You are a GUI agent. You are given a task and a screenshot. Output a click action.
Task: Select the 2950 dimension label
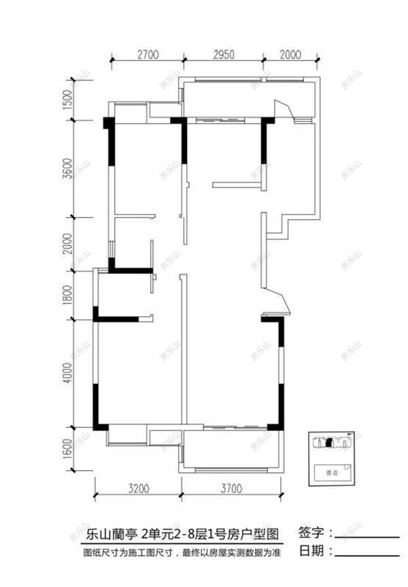coord(224,56)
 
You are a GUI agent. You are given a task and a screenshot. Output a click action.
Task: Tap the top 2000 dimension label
coord(291,56)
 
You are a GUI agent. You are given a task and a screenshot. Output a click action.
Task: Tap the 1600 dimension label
coord(67,450)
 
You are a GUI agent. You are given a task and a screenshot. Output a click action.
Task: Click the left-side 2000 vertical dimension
coord(67,244)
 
